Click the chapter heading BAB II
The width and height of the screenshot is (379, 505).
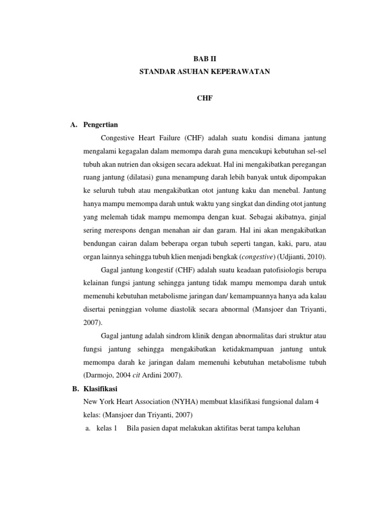(203, 58)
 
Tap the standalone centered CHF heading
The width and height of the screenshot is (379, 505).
(203, 99)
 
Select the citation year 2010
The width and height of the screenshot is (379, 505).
(317, 257)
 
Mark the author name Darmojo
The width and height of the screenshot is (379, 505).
(100, 375)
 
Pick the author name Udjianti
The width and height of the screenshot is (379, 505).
(290, 257)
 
